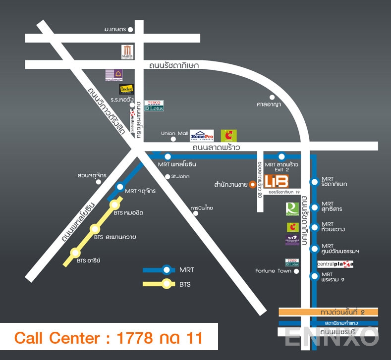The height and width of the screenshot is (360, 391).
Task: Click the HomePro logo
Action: coord(202,136)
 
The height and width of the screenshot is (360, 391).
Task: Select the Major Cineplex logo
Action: coord(128,51)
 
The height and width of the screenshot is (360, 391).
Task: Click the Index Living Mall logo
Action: coord(126,89)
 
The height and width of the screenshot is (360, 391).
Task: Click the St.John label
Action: coord(180,176)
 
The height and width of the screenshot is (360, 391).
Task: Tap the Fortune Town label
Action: coord(273,271)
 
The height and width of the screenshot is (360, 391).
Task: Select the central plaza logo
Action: coord(335,264)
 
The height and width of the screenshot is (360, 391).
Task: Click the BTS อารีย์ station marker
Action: coord(75,253)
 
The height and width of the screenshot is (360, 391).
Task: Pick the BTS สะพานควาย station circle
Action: coord(95,229)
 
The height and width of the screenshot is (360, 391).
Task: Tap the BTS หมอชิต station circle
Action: coord(115,205)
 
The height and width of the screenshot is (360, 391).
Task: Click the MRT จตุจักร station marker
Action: coord(120,187)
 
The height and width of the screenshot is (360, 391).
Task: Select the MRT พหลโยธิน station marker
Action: coord(168,156)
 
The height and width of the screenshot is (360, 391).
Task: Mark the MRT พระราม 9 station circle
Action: coord(314,276)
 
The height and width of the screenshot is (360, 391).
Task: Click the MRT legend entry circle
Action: coord(167,270)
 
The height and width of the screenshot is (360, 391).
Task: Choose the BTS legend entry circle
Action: coord(167,284)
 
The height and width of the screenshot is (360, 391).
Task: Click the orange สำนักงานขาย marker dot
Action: coord(252,185)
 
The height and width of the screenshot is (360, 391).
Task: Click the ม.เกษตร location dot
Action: coord(130,30)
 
